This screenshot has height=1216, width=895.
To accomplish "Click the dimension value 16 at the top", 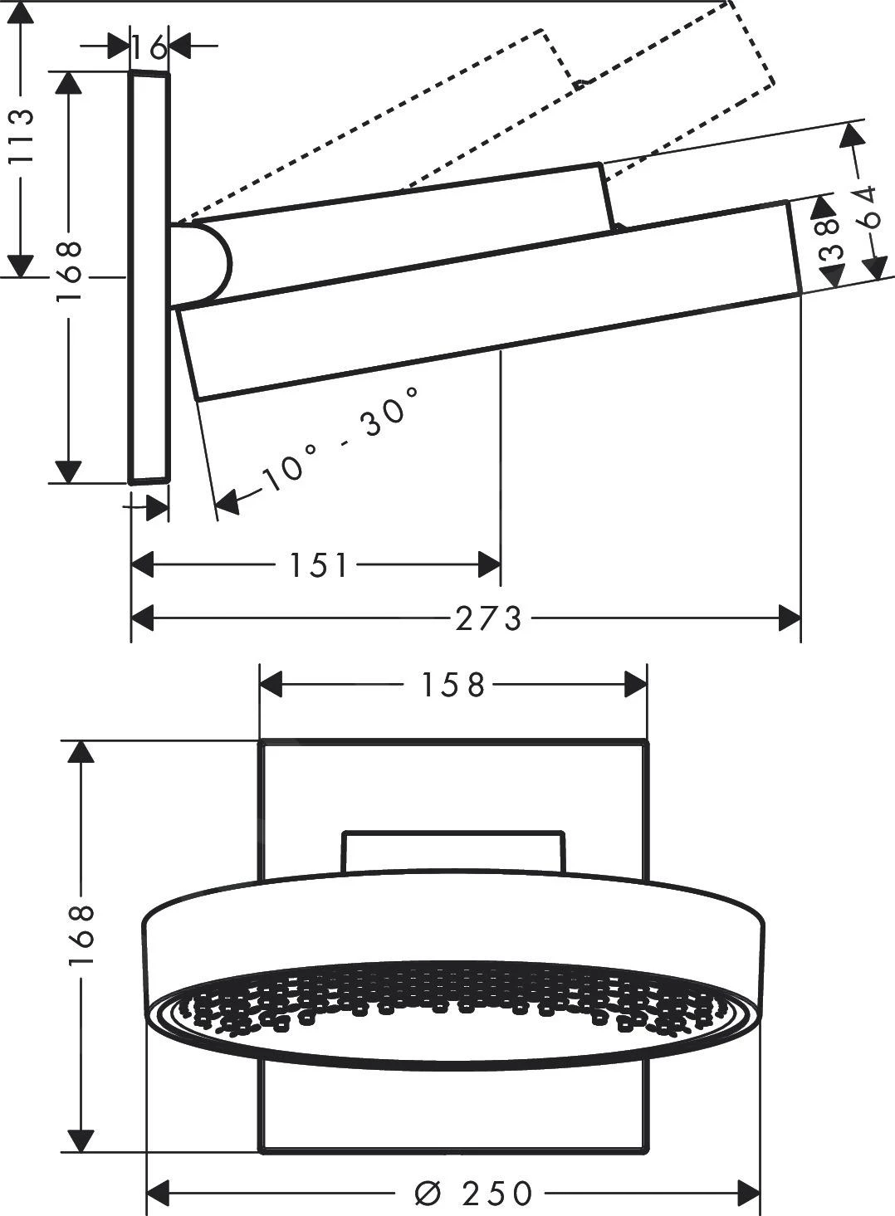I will click(x=149, y=47).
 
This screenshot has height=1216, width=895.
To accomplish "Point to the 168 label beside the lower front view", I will click(x=81, y=935).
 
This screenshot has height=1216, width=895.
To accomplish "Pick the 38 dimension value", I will click(x=830, y=242).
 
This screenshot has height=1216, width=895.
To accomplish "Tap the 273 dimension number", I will click(x=489, y=618).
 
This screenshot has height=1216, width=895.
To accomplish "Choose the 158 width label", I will click(x=452, y=686).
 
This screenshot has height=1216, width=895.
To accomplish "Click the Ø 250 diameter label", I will click(x=473, y=1194).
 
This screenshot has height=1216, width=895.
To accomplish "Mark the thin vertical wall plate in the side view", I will click(x=149, y=276).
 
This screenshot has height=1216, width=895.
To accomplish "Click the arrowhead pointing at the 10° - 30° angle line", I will click(x=227, y=500).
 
